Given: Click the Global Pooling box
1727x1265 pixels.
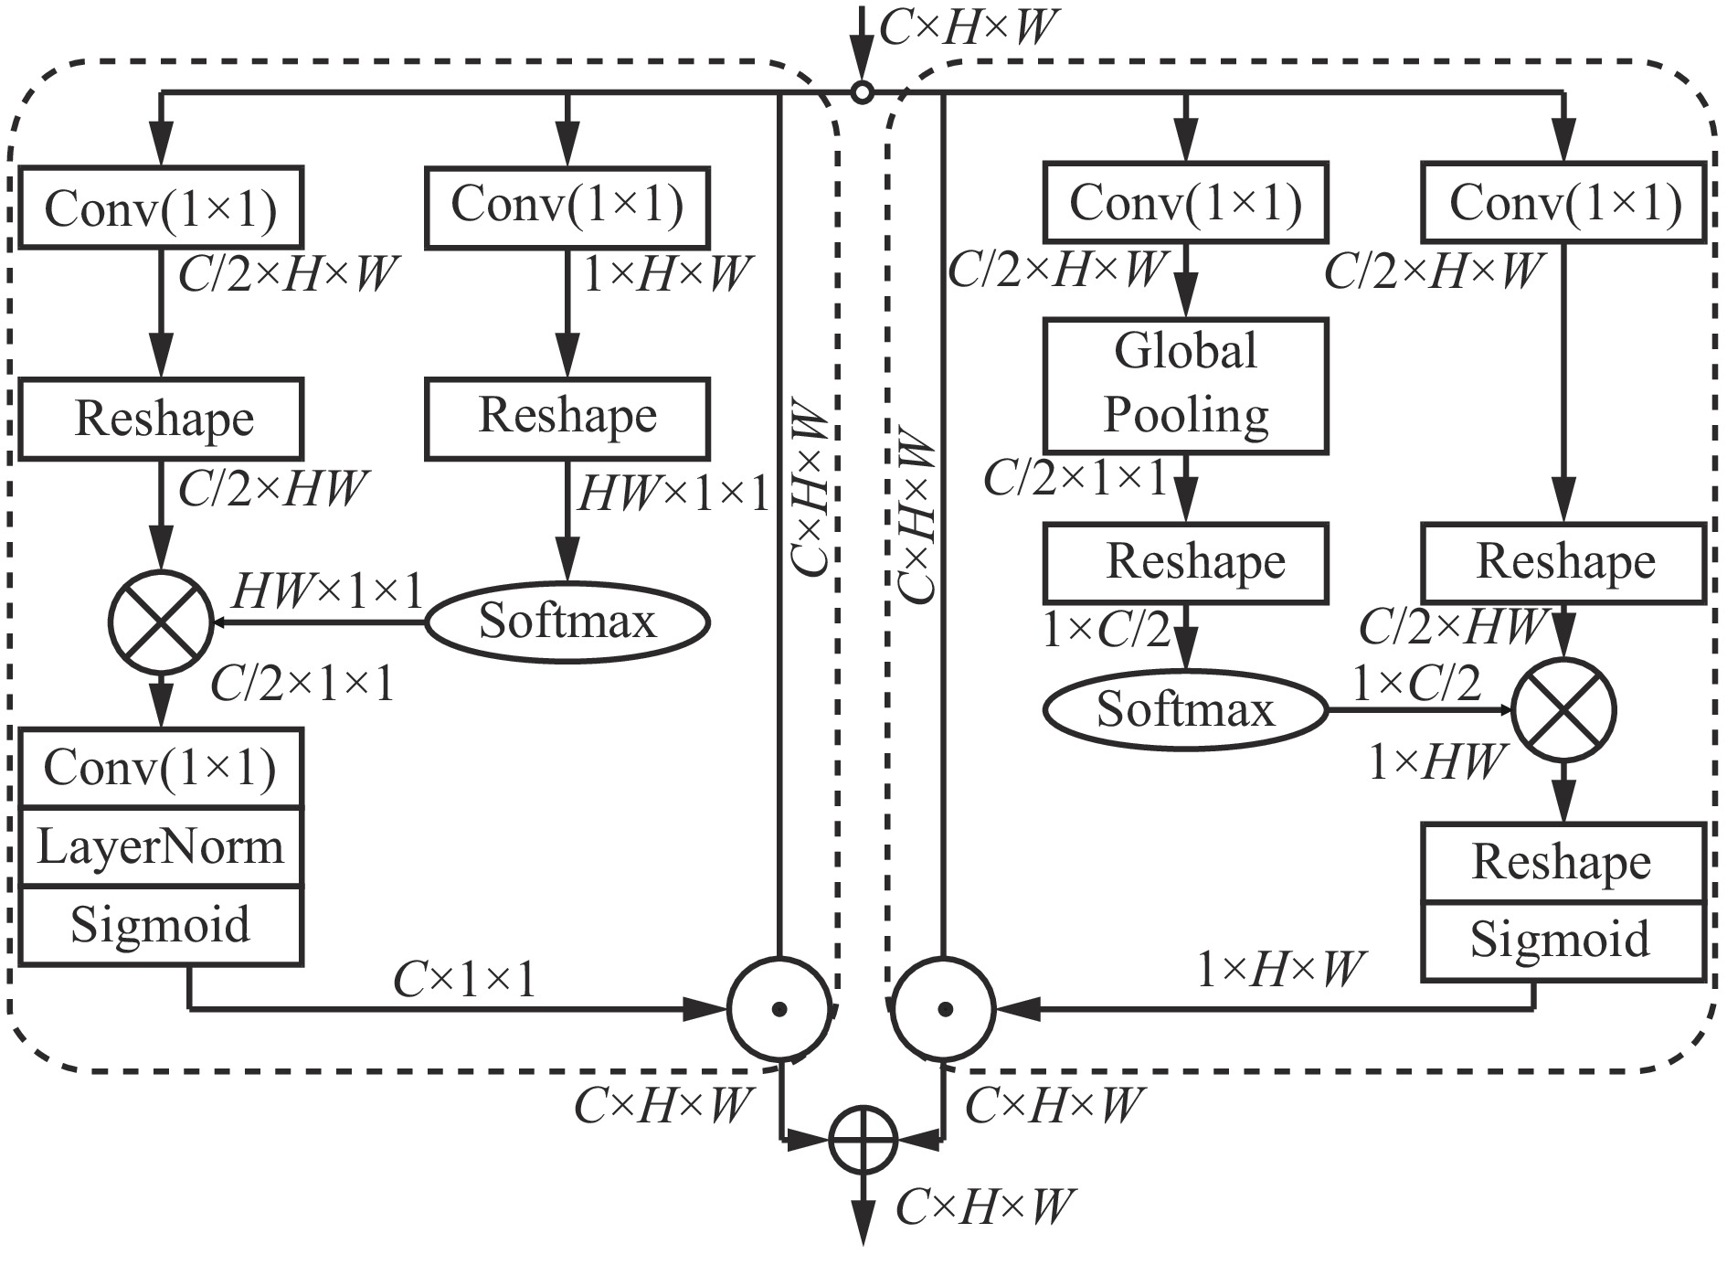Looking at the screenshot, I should click(1185, 385).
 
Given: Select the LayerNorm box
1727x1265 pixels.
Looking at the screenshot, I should click(161, 846).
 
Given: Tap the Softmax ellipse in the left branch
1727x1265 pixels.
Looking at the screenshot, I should click(567, 622).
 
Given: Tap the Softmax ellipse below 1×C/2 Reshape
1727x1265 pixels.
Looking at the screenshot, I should click(1185, 710).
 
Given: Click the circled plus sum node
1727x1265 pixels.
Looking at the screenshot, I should click(863, 1140).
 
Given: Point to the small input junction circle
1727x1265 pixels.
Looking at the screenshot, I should click(861, 92).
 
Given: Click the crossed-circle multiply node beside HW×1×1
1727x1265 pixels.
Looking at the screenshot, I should click(161, 622).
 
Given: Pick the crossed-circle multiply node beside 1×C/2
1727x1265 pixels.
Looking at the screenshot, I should click(1563, 710).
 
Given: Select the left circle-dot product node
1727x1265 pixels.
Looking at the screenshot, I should click(779, 1009).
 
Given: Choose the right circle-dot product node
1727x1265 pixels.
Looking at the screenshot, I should click(945, 1009).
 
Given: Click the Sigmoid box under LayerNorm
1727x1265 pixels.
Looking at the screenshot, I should click(161, 925).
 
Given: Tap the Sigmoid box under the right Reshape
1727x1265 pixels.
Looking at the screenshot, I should click(1563, 941).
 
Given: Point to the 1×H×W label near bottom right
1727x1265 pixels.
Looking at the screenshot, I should click(1280, 970).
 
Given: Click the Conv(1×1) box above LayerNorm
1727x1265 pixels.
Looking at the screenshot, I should click(161, 768).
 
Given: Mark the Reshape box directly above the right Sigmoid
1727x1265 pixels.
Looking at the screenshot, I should click(1563, 862).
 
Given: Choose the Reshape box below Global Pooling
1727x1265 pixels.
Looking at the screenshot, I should click(1185, 562).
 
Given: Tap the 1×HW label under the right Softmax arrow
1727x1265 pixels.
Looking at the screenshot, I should click(1436, 761).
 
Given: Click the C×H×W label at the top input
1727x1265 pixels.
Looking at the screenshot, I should click(968, 28).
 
